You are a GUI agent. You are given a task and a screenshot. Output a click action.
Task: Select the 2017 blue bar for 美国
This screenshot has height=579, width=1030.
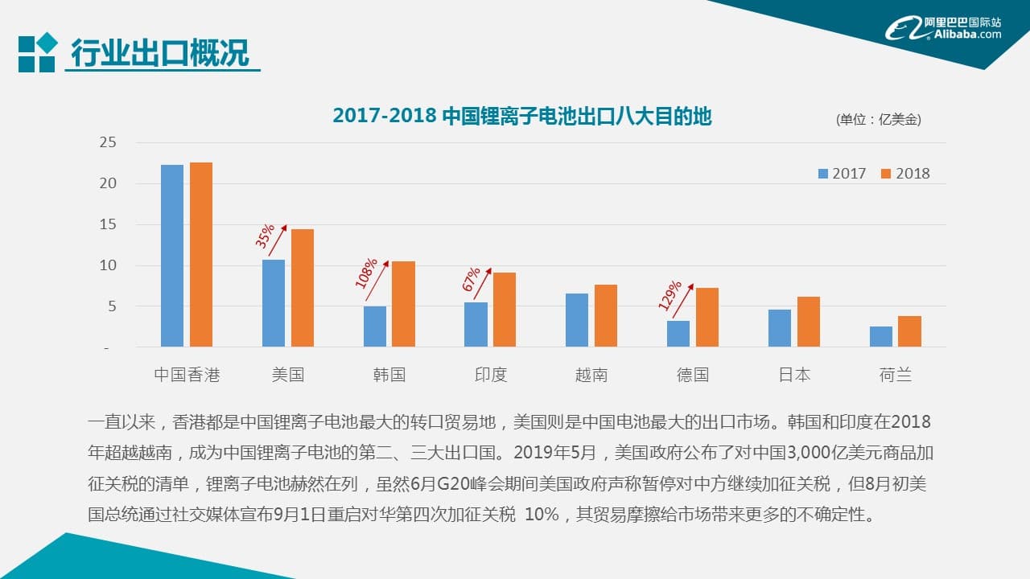[274, 303]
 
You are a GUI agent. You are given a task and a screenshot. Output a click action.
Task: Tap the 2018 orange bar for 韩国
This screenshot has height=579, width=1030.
[403, 304]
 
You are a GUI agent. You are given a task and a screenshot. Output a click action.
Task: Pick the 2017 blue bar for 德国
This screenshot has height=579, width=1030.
[678, 334]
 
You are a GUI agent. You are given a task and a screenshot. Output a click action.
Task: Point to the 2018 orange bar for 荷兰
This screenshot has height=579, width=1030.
[909, 331]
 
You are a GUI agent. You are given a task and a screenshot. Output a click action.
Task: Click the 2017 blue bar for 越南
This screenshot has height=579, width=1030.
[577, 320]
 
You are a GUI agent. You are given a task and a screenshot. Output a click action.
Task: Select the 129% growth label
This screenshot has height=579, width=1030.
[669, 295]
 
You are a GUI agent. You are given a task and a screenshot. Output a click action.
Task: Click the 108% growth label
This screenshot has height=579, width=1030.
[366, 273]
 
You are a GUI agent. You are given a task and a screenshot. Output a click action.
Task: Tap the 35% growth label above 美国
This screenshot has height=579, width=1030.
[265, 236]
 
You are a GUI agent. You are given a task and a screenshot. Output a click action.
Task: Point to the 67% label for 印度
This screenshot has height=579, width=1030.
[471, 279]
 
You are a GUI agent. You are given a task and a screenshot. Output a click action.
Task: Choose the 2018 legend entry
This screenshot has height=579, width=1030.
[905, 174]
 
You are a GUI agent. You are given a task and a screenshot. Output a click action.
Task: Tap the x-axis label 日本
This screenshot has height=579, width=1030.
[794, 375]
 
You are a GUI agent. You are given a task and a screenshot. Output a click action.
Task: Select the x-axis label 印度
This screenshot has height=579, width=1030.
[491, 375]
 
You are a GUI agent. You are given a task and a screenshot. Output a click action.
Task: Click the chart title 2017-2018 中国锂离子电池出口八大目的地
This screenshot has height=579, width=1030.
[522, 117]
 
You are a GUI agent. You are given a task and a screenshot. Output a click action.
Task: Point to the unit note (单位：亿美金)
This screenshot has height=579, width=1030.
[879, 120]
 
